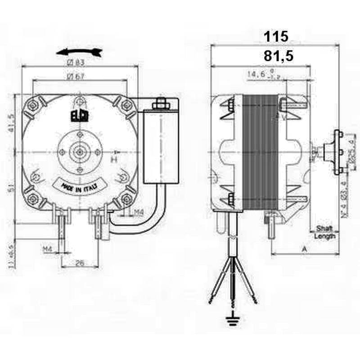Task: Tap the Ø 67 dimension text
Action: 76,76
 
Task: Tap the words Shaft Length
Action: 324,232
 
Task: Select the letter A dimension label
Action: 305,248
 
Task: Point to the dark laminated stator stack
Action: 261,153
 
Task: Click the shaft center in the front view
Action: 80,152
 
